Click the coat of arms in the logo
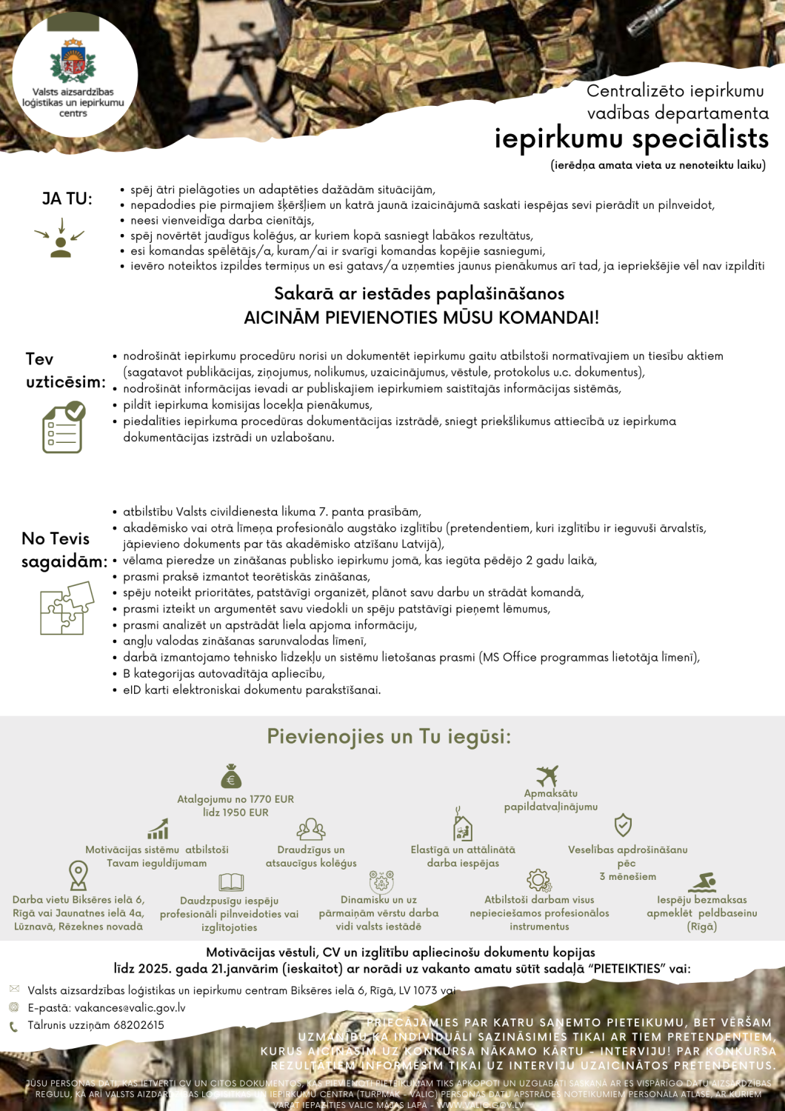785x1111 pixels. click(x=73, y=61)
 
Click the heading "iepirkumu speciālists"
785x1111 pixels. click(x=632, y=139)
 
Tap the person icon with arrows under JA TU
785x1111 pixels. click(x=61, y=239)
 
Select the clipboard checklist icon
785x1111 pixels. click(x=64, y=427)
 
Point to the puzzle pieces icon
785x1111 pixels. click(x=67, y=608)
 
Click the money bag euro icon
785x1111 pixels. click(x=231, y=775)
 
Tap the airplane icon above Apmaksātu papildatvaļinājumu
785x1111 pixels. click(x=547, y=775)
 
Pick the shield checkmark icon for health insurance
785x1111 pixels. click(x=623, y=825)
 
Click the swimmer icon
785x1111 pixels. click(x=702, y=882)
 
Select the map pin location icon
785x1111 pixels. click(x=78, y=875)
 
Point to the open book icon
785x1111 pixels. click(x=231, y=882)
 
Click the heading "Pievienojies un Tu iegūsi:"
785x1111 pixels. click(x=389, y=737)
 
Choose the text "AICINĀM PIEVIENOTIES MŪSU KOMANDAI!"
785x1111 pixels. click(x=421, y=318)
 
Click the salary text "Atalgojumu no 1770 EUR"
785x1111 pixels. click(x=235, y=799)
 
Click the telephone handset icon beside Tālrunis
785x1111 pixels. click(x=13, y=1027)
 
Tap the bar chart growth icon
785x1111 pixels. click(x=158, y=829)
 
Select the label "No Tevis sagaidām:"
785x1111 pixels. click(x=64, y=550)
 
